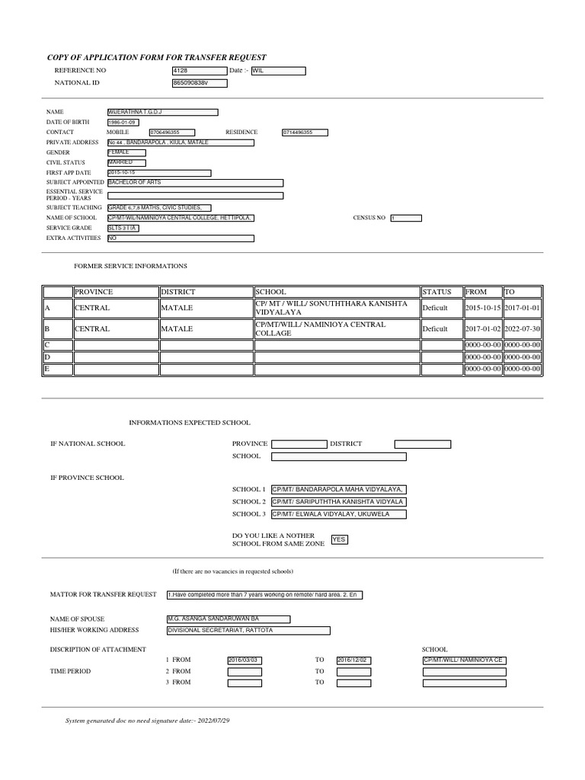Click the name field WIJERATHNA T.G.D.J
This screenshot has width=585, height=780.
click(162, 112)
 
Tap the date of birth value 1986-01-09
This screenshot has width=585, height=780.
click(124, 122)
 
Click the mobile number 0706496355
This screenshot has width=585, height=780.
click(172, 132)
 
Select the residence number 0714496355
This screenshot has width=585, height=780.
click(305, 132)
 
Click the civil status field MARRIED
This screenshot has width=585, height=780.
click(126, 162)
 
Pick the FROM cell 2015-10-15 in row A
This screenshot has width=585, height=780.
click(483, 308)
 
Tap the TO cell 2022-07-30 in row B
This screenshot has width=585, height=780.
click(523, 329)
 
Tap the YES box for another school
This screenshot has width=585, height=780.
click(340, 539)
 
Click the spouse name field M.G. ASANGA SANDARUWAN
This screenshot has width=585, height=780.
click(228, 619)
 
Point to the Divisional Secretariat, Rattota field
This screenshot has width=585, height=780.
click(248, 630)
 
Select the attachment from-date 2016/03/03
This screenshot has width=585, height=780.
click(244, 660)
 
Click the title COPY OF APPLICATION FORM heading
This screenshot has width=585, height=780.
click(157, 57)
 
